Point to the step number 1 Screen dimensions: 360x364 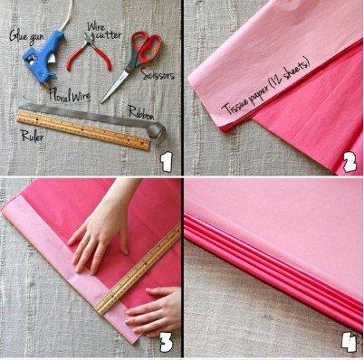[x=165, y=163]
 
